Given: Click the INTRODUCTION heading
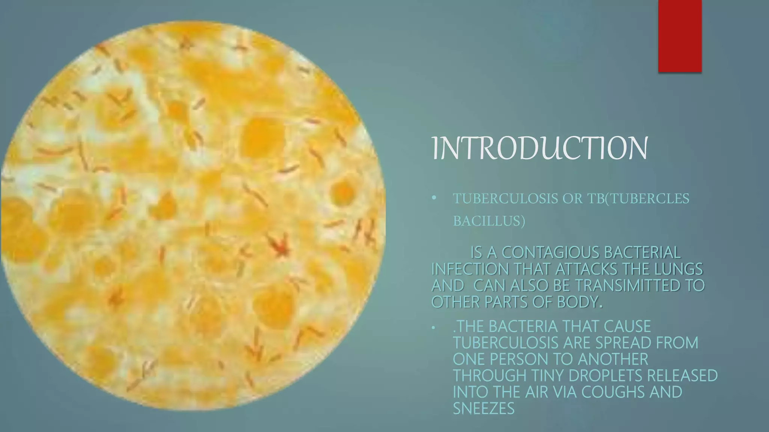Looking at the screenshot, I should click(540, 149).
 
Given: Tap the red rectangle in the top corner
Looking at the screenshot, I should click(680, 36).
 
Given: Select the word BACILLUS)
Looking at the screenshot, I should click(489, 222).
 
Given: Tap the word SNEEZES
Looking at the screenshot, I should click(484, 408).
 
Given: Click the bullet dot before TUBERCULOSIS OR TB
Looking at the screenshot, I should click(434, 198).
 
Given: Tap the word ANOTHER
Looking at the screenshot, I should click(613, 359).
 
